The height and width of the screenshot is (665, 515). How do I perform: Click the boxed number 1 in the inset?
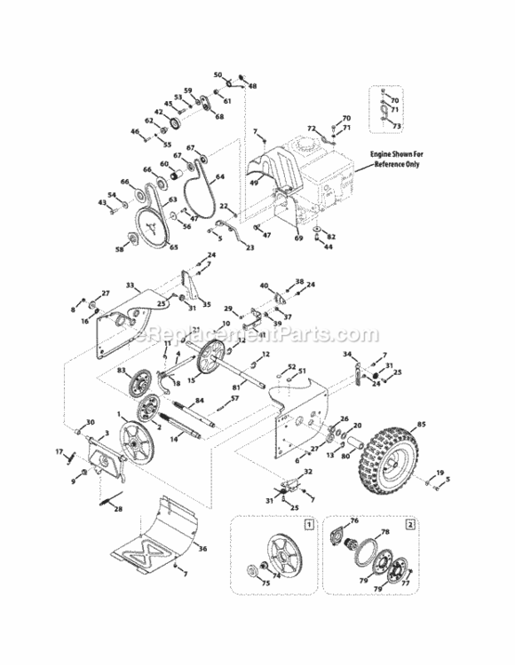pyautogui.click(x=307, y=525)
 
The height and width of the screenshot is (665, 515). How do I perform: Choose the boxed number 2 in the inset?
pyautogui.click(x=409, y=525)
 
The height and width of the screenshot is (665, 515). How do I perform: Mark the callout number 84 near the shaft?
pyautogui.click(x=200, y=402)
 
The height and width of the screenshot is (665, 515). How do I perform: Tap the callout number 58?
pyautogui.click(x=119, y=251)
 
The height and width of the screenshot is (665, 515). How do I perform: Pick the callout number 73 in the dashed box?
pyautogui.click(x=397, y=127)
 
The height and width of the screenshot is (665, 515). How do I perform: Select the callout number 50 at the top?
pyautogui.click(x=218, y=75)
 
